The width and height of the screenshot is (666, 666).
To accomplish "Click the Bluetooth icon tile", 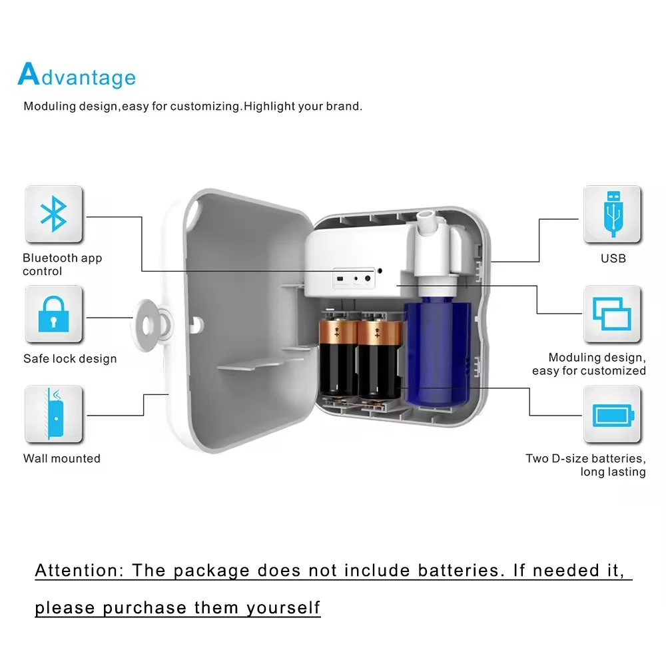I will [x=54, y=214].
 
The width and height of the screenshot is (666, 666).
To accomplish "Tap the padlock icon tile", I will [x=54, y=314].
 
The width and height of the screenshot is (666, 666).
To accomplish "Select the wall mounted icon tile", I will [x=54, y=414].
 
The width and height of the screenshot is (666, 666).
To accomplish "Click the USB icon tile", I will [x=612, y=214].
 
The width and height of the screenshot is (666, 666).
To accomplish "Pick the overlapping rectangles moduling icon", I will [x=612, y=314].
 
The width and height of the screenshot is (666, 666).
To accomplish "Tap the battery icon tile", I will [x=612, y=414].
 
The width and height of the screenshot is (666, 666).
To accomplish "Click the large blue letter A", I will [x=28, y=75].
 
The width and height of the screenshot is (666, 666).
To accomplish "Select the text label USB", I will [x=613, y=258].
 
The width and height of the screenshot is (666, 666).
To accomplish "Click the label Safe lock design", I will [x=70, y=359].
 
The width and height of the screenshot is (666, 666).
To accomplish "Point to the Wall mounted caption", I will [x=62, y=458].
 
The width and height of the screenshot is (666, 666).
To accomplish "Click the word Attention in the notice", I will [x=75, y=571].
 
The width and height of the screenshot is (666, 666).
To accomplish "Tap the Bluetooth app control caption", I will [x=62, y=264].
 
